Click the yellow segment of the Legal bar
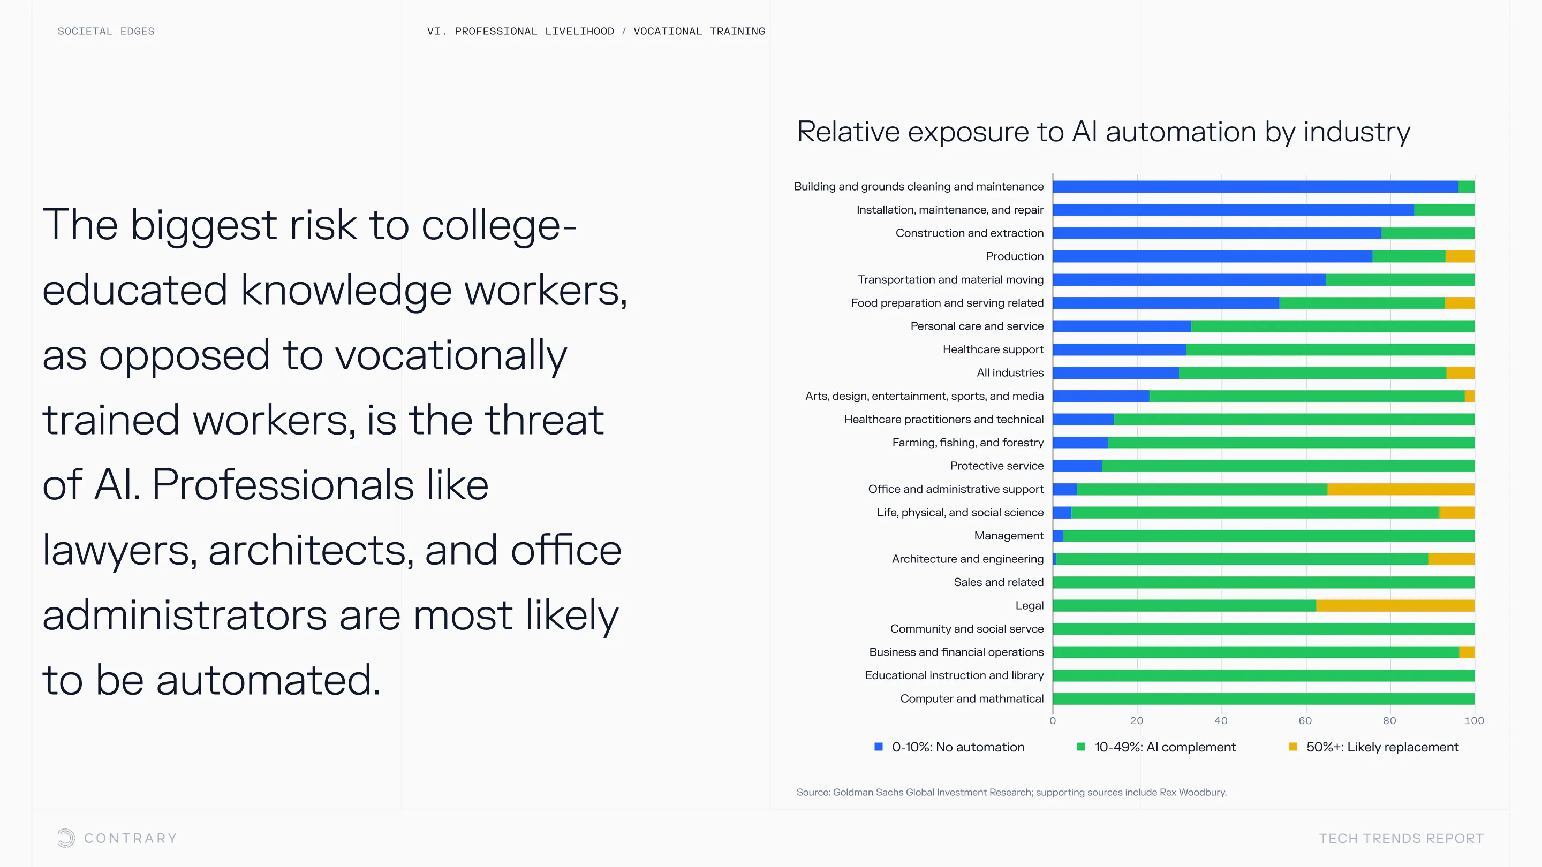tap(1395, 605)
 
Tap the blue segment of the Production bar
tap(1212, 256)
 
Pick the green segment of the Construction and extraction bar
tap(1427, 233)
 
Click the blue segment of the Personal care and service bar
tap(1122, 326)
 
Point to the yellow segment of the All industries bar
tap(1460, 373)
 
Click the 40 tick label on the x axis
tap(1221, 720)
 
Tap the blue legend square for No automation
tap(878, 747)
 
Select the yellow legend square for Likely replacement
tap(1293, 747)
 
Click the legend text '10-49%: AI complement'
tap(1165, 747)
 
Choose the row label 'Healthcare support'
tap(993, 349)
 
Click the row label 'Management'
tap(1009, 536)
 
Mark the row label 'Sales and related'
tap(999, 582)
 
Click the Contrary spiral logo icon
tap(66, 838)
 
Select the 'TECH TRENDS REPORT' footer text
tap(1401, 838)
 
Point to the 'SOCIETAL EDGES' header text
tap(106, 31)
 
